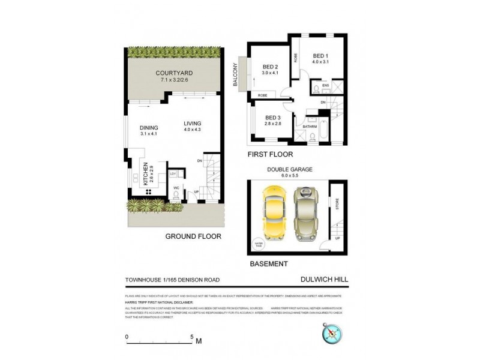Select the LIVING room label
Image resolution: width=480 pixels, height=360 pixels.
pyautogui.click(x=193, y=124)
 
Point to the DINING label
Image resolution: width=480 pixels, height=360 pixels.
pyautogui.click(x=148, y=127)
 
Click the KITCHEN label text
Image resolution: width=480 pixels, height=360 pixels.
pyautogui.click(x=144, y=174)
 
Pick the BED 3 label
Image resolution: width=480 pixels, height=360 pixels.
pyautogui.click(x=273, y=118)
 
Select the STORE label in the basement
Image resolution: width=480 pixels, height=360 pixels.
pyautogui.click(x=337, y=203)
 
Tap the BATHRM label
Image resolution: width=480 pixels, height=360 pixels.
pyautogui.click(x=310, y=127)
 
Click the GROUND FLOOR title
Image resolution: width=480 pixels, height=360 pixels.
pyautogui.click(x=193, y=236)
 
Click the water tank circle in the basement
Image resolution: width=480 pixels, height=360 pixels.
pyautogui.click(x=260, y=244)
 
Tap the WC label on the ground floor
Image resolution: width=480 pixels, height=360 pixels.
pyautogui.click(x=176, y=188)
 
